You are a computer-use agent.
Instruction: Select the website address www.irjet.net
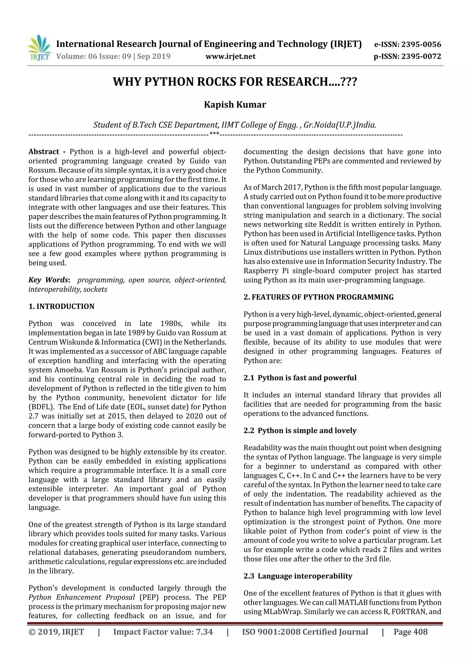(x=230, y=56)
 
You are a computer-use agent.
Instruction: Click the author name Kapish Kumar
(x=235, y=104)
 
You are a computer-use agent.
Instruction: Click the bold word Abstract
(x=44, y=152)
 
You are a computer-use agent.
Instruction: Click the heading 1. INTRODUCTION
(x=62, y=306)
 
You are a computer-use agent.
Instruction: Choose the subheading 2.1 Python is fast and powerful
(x=300, y=378)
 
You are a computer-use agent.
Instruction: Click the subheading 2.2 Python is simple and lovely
(x=300, y=430)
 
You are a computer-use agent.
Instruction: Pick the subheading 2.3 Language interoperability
(x=298, y=576)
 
